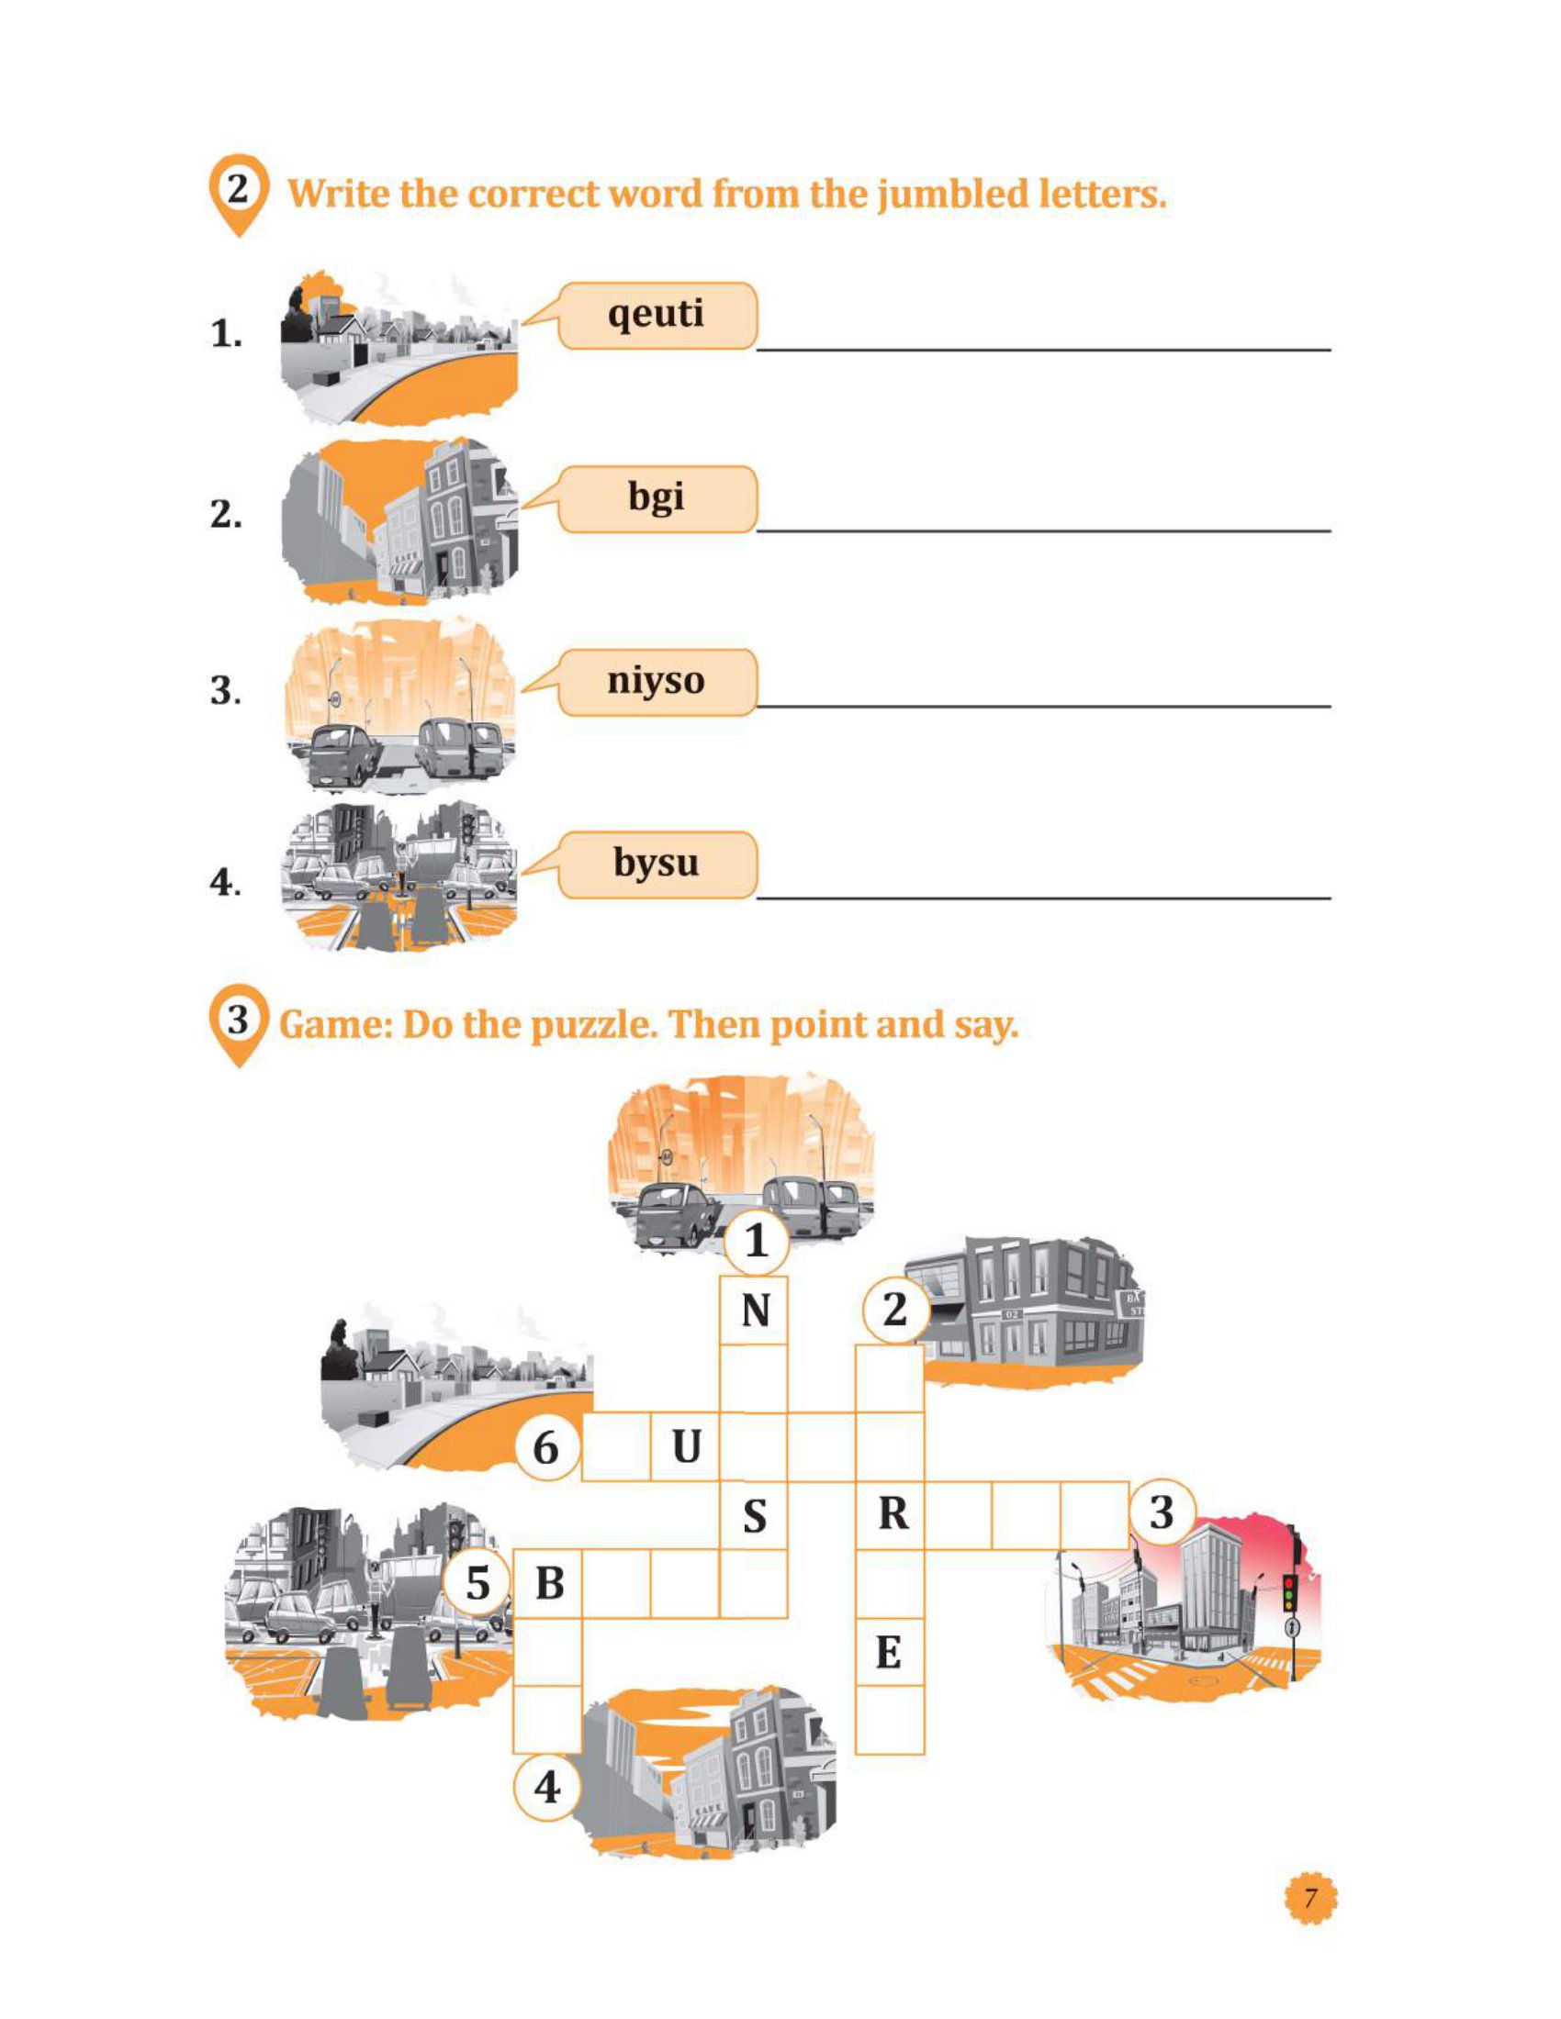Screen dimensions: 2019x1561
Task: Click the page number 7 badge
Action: click(x=1309, y=1899)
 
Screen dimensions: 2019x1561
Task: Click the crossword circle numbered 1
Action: click(x=756, y=1241)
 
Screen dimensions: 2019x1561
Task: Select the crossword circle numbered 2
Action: click(x=894, y=1310)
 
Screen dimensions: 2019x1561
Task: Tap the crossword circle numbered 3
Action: click(x=1161, y=1513)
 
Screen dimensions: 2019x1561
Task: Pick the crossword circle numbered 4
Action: click(x=547, y=1787)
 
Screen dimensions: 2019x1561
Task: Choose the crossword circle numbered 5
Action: click(x=477, y=1584)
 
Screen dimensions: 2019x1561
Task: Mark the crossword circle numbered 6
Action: click(x=546, y=1446)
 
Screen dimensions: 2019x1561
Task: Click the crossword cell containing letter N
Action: click(x=755, y=1311)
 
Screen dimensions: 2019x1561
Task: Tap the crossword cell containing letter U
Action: click(x=685, y=1446)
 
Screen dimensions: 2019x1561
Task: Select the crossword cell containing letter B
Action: click(x=548, y=1584)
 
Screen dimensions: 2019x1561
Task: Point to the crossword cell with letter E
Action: click(x=889, y=1652)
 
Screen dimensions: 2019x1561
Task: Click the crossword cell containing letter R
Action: click(x=892, y=1514)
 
